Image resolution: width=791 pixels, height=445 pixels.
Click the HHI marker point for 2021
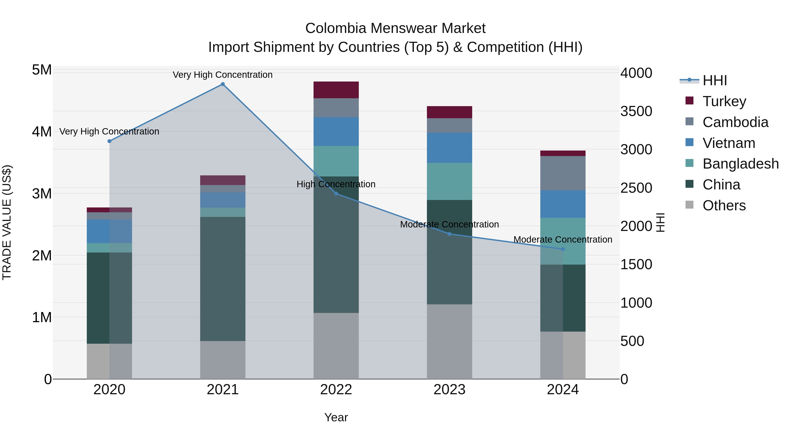click(x=223, y=84)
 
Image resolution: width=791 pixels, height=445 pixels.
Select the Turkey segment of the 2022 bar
click(x=336, y=90)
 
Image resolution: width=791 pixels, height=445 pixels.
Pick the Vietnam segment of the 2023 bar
click(x=449, y=148)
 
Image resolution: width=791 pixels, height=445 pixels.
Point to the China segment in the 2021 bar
click(x=223, y=279)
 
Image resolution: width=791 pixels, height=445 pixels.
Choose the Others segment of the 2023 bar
click(x=449, y=341)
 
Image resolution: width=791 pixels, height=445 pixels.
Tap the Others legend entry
click(x=724, y=205)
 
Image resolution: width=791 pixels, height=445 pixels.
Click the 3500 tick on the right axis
click(x=636, y=111)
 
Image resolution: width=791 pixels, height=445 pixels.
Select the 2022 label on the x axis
click(x=336, y=390)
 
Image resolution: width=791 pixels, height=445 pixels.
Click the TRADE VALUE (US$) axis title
click(x=7, y=222)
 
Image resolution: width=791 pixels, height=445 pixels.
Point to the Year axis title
click(x=336, y=417)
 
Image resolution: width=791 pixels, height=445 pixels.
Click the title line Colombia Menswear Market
click(x=395, y=28)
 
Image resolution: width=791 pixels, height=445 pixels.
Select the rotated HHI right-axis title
click(x=660, y=222)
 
